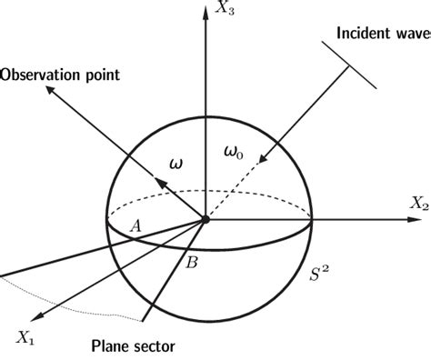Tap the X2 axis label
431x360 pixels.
(x=418, y=205)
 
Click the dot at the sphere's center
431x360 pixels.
(x=205, y=219)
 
